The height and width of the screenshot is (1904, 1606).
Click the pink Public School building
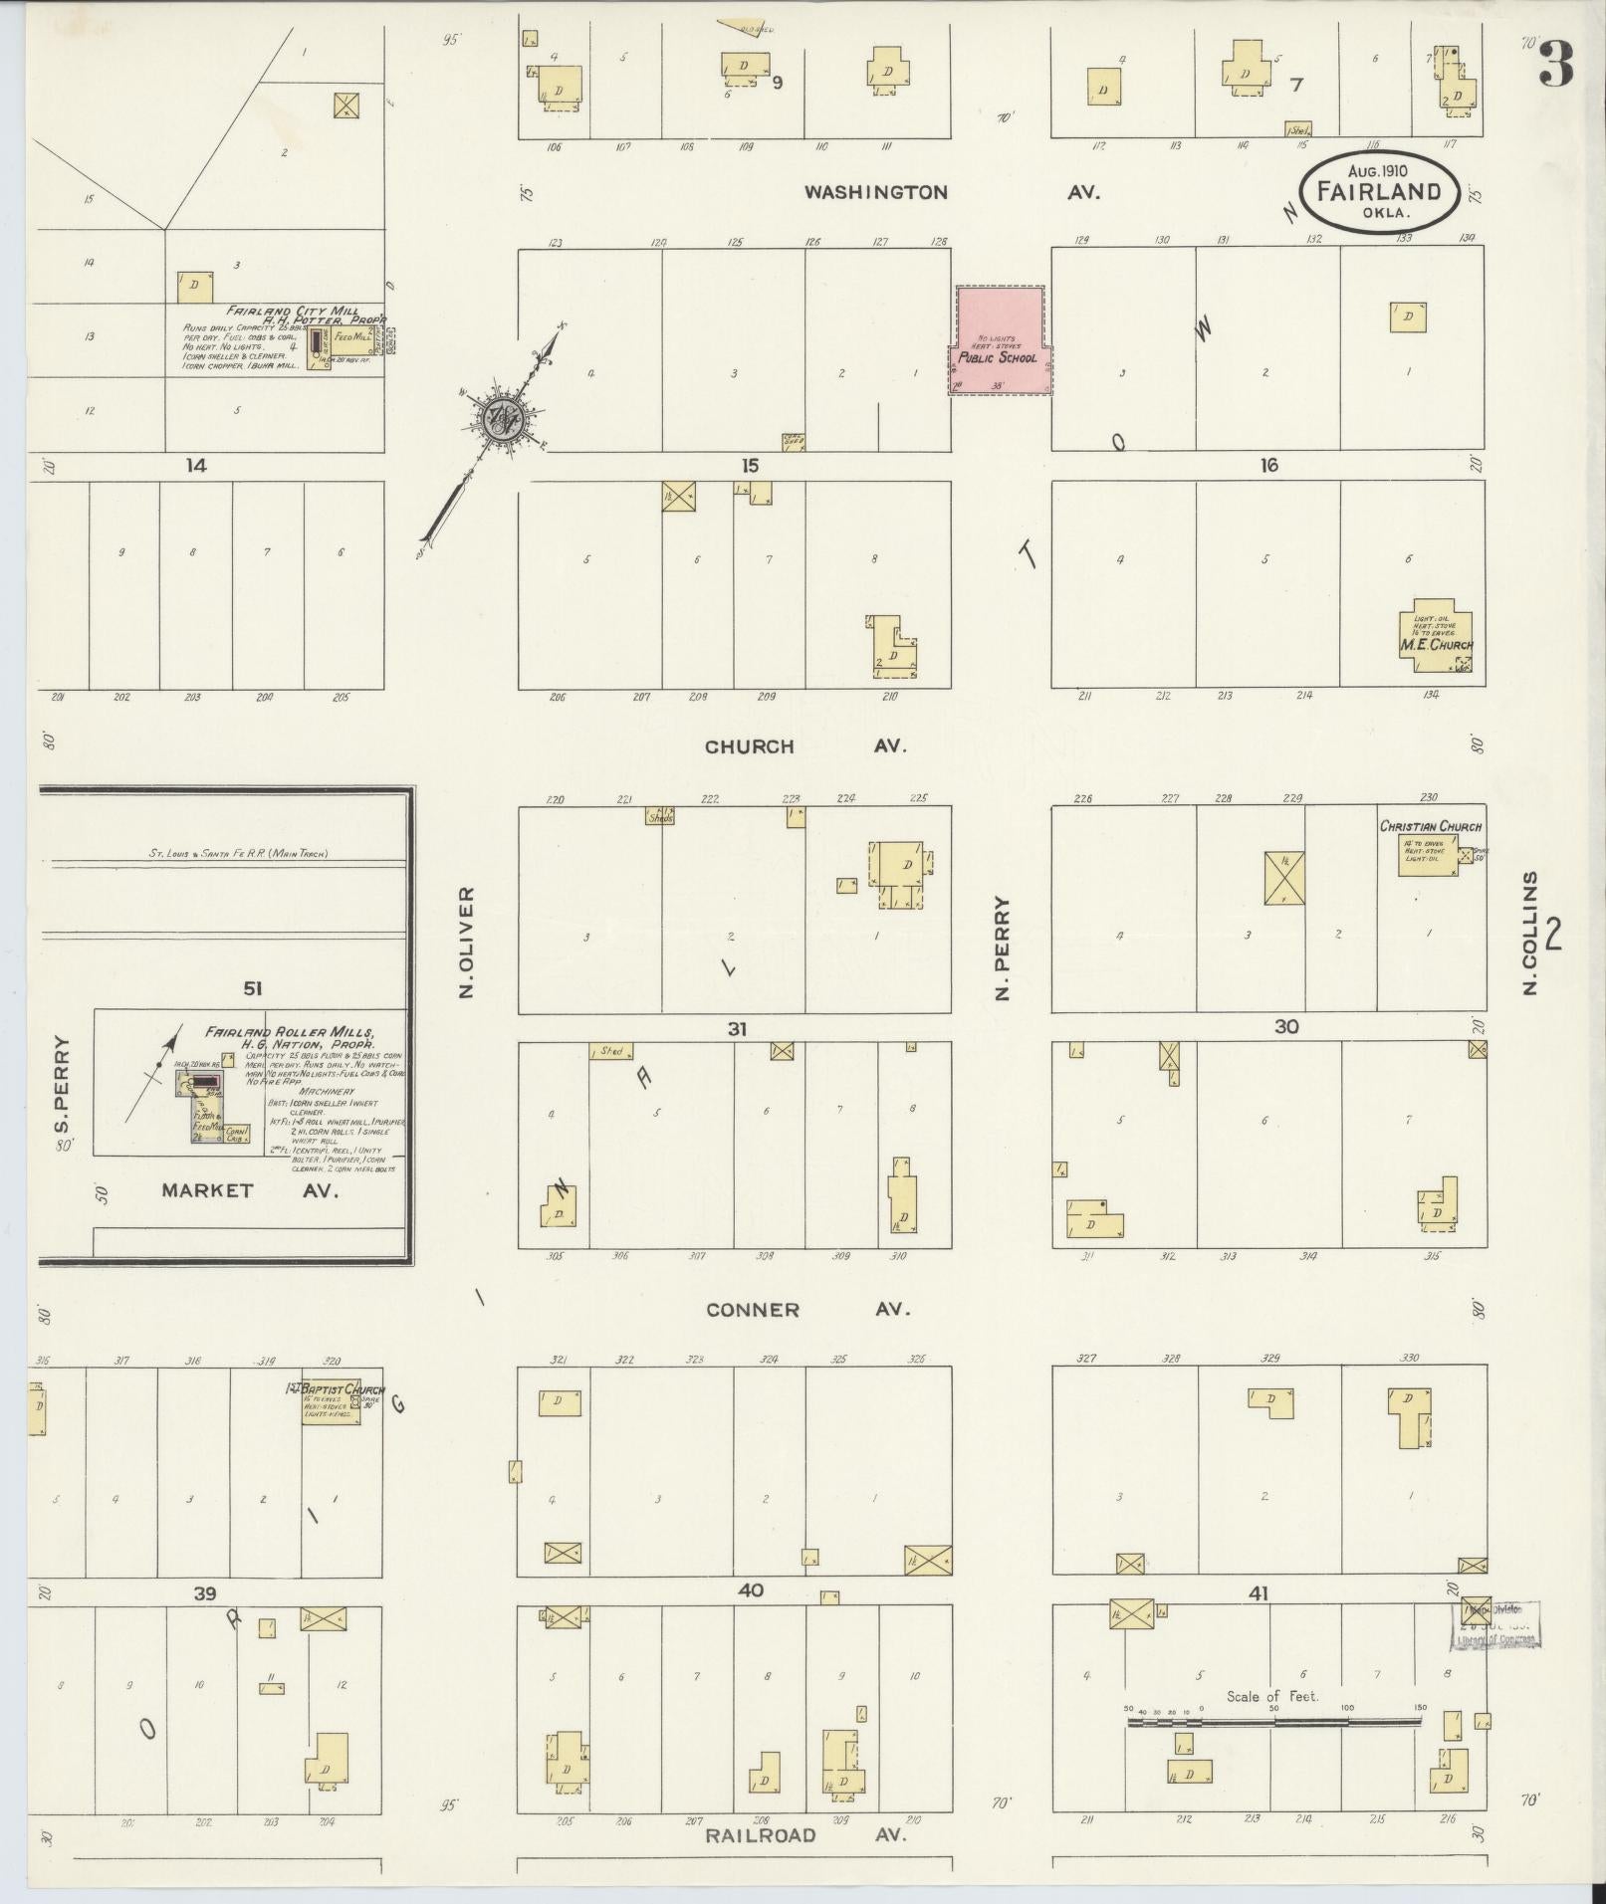tap(998, 340)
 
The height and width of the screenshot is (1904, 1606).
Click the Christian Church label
tap(1430, 826)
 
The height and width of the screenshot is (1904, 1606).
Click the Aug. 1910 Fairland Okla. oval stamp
tap(1378, 191)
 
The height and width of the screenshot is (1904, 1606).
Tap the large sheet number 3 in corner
tap(1555, 64)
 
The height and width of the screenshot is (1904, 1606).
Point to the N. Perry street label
tap(1004, 949)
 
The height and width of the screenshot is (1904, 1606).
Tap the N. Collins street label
tap(1531, 933)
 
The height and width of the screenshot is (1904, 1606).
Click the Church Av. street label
tap(804, 746)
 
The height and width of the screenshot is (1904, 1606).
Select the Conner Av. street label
tap(807, 1310)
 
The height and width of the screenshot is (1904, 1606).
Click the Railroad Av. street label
tap(804, 1834)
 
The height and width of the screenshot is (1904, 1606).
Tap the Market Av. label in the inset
tap(249, 1190)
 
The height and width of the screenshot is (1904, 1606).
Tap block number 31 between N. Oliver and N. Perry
tap(736, 1028)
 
